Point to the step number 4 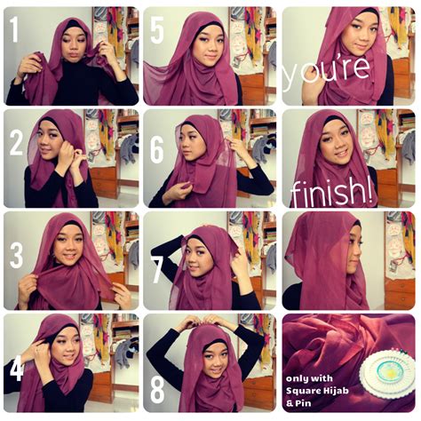16,363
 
